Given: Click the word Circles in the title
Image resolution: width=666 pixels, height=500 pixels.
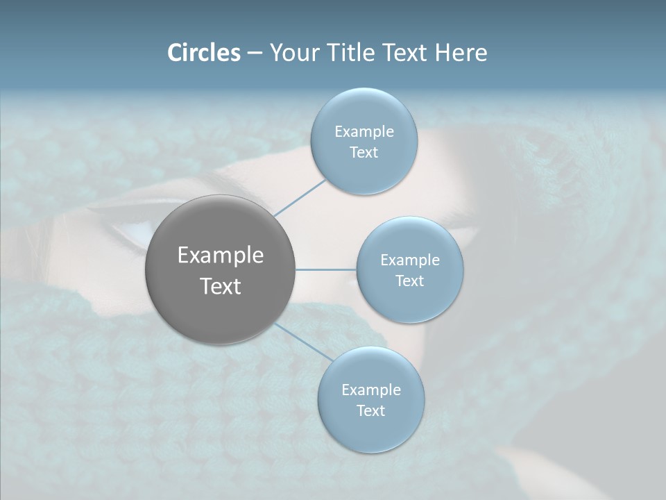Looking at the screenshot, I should click(x=203, y=53).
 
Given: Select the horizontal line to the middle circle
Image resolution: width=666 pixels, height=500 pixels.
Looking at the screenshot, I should click(x=326, y=269).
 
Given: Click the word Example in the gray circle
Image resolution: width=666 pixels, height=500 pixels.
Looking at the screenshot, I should click(x=220, y=256).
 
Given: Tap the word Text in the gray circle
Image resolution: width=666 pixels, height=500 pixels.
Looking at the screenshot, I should click(x=220, y=286).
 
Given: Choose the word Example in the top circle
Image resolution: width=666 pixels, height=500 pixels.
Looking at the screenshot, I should click(x=364, y=132).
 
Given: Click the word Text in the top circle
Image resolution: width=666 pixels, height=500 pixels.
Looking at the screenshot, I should click(x=364, y=153).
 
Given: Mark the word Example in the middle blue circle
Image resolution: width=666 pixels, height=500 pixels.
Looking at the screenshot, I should click(x=409, y=260).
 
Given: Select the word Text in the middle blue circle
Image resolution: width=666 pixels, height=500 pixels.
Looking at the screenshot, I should click(x=409, y=281).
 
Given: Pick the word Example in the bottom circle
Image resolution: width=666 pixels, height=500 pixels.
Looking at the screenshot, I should click(x=370, y=390).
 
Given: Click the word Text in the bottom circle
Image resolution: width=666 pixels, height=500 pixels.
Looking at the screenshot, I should click(x=370, y=411).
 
